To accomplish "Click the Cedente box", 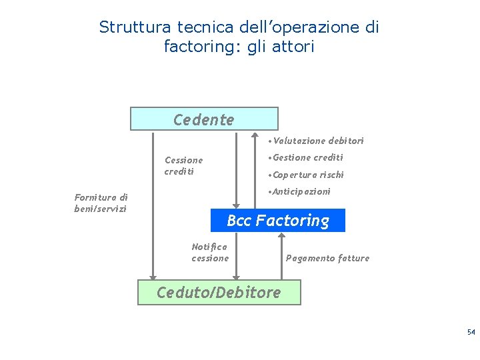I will coord(203,119).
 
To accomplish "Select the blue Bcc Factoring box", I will coord(278,221).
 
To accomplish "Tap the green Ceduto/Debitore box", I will coord(219,292).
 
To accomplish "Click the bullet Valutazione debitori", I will coord(315,141).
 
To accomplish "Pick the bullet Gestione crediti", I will coord(305,157).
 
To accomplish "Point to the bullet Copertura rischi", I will coord(305,175).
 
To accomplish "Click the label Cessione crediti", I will coord(183,165).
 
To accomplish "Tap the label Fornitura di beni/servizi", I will coord(101,203).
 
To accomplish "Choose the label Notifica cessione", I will coord(210,252).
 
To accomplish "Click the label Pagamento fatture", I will coord(327,258).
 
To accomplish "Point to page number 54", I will coord(471,332).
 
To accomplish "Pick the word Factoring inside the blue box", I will coord(293,221).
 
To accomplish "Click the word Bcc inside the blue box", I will coord(239,221).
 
